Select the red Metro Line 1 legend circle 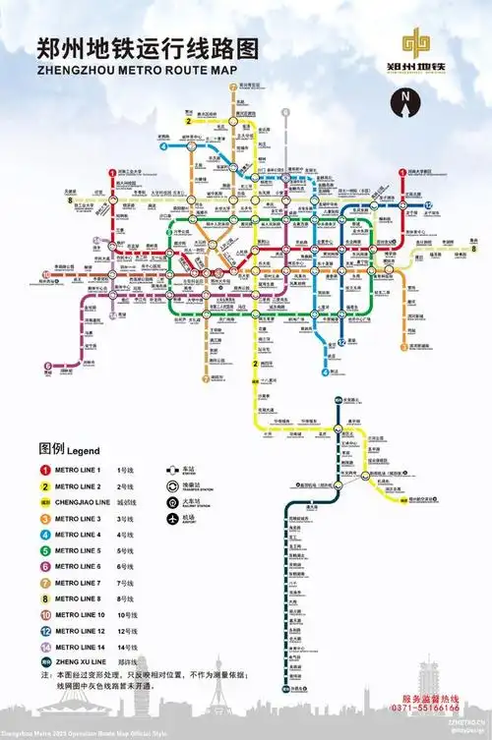click(x=45, y=471)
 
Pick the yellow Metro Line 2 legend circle click(x=45, y=488)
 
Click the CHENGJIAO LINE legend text click(x=82, y=504)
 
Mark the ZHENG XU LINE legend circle click(x=45, y=663)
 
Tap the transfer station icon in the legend click(x=173, y=484)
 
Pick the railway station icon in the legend click(x=173, y=500)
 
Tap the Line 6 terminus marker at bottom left click(x=47, y=368)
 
